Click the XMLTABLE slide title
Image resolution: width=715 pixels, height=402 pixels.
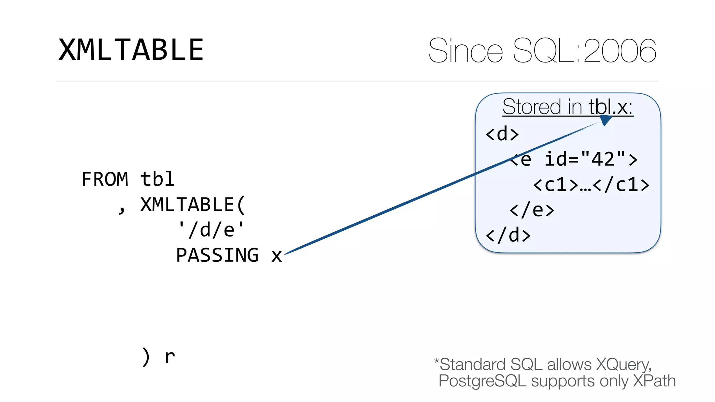click(x=131, y=50)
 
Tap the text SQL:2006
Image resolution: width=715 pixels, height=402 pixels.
click(x=585, y=51)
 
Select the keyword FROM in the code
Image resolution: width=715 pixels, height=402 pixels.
click(x=105, y=179)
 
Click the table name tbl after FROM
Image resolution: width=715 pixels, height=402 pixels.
click(x=157, y=179)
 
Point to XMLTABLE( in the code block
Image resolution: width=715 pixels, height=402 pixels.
click(x=193, y=205)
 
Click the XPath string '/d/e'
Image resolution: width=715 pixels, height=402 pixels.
click(x=211, y=230)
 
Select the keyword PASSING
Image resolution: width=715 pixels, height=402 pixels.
click(x=217, y=255)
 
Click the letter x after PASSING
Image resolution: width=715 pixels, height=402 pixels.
click(x=277, y=256)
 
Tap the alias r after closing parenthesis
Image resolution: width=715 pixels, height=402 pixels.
click(x=170, y=357)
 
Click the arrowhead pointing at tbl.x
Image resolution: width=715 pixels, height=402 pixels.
click(x=605, y=120)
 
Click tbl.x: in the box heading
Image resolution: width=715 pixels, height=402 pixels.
click(x=611, y=107)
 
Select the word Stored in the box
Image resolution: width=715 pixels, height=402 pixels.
click(x=532, y=107)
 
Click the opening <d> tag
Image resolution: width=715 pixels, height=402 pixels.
click(x=502, y=134)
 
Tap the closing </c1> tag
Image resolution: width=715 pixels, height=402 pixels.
click(x=621, y=185)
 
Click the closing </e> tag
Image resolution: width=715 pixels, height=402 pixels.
click(x=532, y=210)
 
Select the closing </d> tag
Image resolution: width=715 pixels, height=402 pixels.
click(x=508, y=236)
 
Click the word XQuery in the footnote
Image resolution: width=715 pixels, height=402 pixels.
click(x=623, y=365)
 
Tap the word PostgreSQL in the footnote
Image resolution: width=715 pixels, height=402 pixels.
click(x=482, y=381)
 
